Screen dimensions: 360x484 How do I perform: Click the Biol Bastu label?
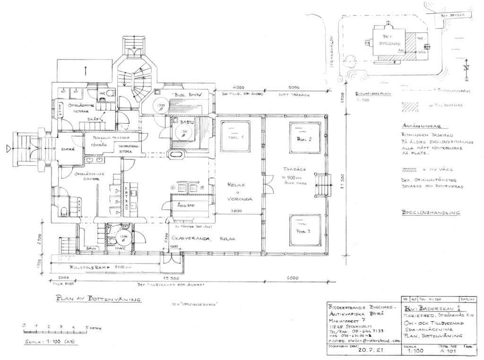(188, 95)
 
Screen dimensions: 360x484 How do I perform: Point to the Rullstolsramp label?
(89, 268)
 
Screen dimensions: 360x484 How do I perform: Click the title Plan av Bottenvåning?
(98, 299)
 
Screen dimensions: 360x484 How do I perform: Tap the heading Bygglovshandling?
(430, 213)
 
